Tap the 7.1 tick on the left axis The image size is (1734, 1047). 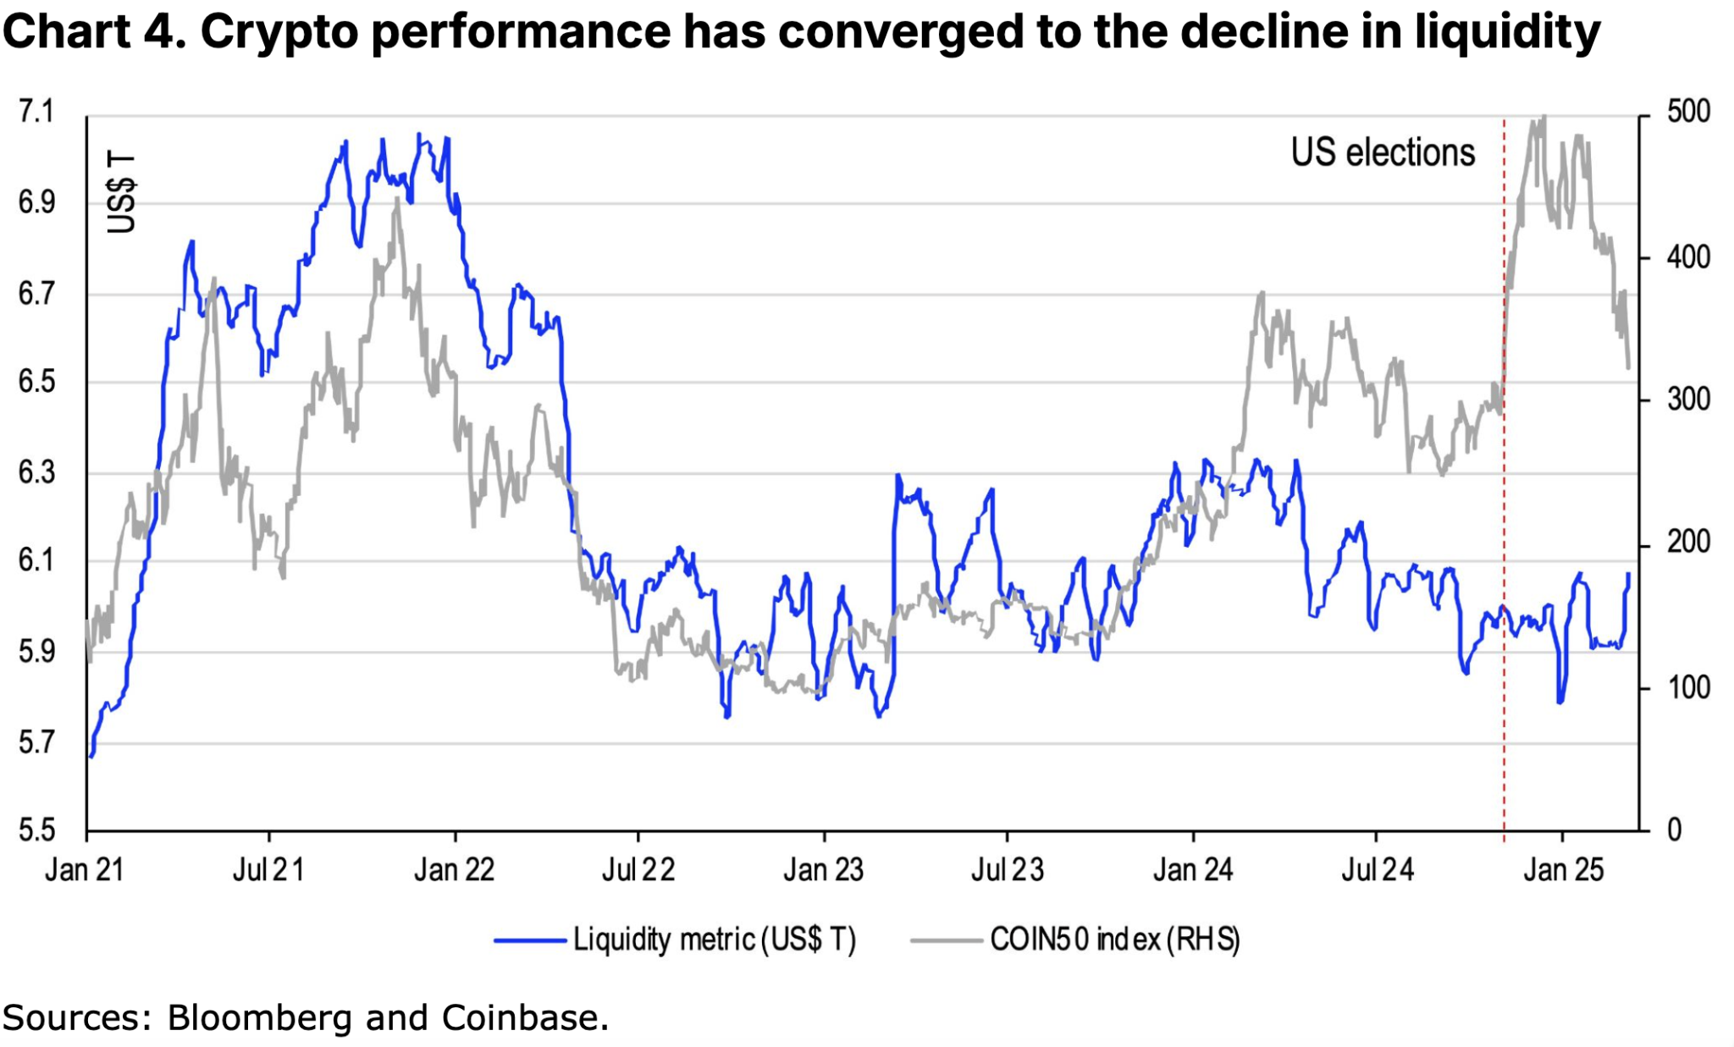point(36,112)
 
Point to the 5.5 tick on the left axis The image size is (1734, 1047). point(36,829)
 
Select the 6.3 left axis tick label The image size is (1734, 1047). point(36,472)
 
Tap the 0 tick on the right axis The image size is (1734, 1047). point(1675,829)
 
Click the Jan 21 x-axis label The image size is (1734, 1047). point(84,870)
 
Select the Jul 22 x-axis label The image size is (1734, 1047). point(638,870)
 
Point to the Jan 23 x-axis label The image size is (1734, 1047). point(823,870)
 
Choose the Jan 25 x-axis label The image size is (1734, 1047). point(1563,870)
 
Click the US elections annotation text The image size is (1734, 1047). point(1383,153)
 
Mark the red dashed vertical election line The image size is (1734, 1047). point(1505,719)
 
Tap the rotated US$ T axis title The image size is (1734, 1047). point(121,193)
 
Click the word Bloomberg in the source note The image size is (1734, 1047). point(258,1017)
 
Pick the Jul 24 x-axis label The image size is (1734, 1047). point(1378,870)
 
